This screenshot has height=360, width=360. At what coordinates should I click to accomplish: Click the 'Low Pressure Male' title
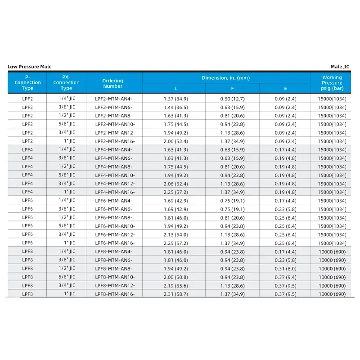(30, 67)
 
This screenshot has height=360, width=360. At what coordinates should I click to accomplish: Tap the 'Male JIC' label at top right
(340, 67)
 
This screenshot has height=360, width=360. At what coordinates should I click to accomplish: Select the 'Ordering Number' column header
(112, 83)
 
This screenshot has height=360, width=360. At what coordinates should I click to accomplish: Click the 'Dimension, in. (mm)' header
(226, 78)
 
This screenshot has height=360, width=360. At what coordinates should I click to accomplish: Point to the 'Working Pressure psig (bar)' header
(332, 83)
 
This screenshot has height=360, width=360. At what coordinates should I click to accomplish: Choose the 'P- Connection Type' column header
(27, 83)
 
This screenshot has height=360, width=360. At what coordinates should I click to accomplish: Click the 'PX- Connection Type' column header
(66, 83)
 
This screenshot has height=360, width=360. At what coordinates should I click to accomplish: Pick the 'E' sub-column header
(285, 89)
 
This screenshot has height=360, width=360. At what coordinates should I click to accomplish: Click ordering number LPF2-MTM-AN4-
(114, 99)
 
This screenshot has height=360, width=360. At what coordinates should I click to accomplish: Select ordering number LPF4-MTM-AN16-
(115, 192)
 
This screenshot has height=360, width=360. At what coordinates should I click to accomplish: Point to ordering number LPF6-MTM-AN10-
(115, 226)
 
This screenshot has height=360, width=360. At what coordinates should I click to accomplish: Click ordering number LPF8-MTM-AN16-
(115, 294)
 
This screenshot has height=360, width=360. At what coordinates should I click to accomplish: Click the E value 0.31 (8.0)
(285, 268)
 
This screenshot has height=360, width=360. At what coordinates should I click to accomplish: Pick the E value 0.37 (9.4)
(285, 277)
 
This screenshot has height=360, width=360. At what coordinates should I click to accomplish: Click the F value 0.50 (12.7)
(232, 99)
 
